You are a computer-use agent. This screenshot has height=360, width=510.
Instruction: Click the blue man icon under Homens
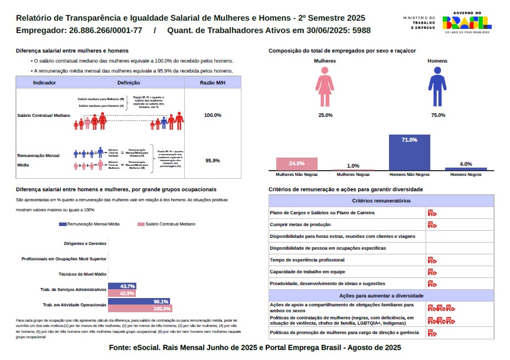[437, 86]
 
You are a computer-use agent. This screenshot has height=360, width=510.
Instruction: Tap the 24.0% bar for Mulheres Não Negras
[296, 163]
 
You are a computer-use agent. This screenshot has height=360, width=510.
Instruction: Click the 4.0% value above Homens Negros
[466, 163]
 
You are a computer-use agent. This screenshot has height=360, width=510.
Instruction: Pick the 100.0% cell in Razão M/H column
[212, 115]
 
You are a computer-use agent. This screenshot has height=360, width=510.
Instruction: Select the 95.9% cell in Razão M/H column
[212, 161]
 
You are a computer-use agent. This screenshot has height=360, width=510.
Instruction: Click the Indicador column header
[45, 83]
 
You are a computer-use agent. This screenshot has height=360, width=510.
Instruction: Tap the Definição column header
[129, 83]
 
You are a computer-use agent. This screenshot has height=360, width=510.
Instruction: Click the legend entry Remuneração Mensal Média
[90, 224]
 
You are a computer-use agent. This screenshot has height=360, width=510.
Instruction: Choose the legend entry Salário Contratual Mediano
[166, 224]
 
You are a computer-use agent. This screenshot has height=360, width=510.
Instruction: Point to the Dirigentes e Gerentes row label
[85, 243]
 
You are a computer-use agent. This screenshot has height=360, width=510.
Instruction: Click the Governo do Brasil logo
[467, 22]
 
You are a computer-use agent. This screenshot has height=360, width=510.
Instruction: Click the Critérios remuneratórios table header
[381, 201]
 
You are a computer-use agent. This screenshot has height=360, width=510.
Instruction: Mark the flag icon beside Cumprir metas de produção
[432, 225]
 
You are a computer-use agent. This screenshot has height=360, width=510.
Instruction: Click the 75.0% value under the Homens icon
[438, 115]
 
